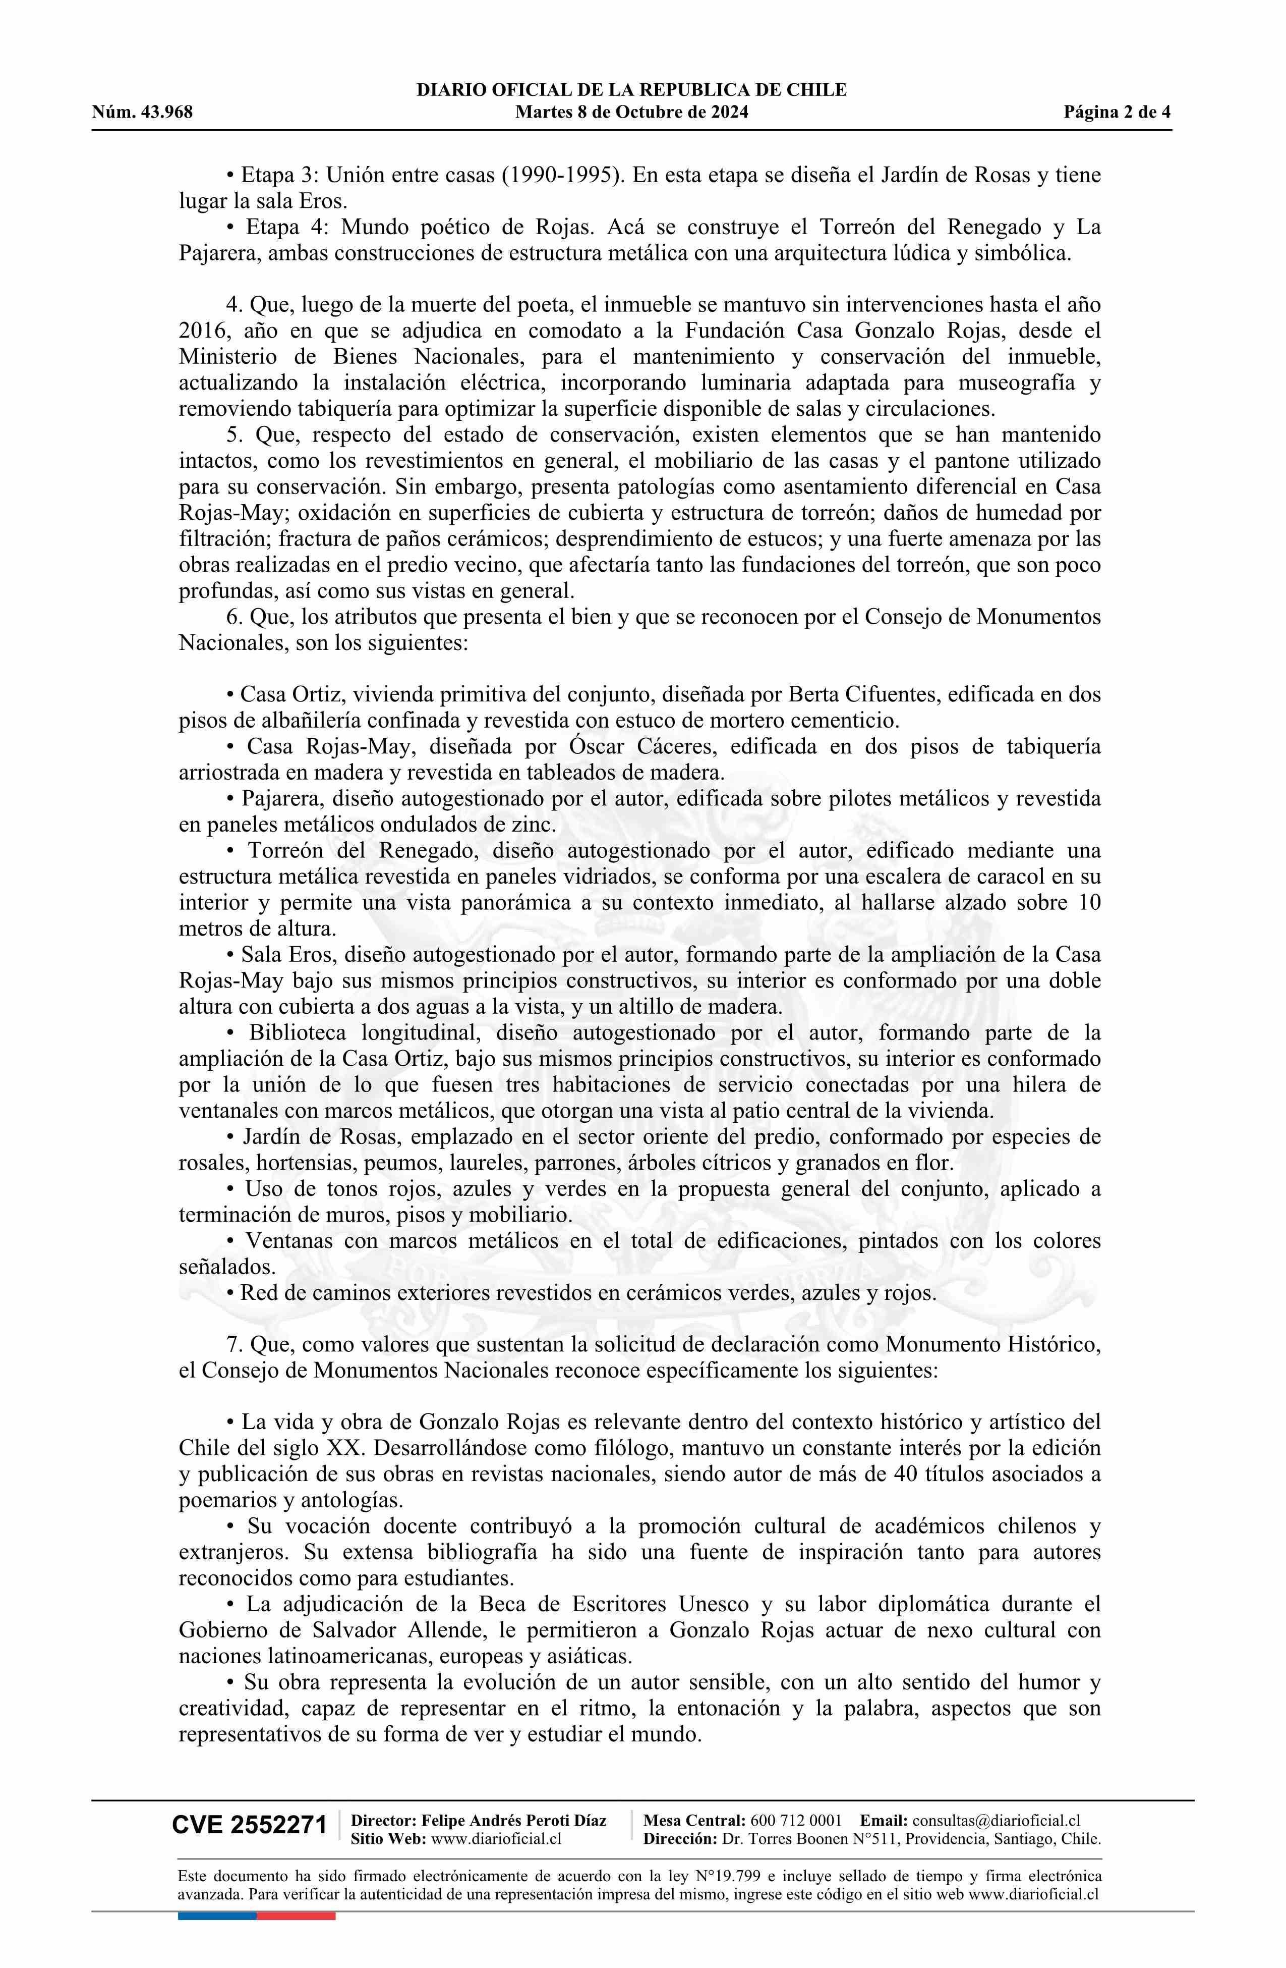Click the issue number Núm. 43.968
coord(142,113)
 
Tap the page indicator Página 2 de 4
coord(1118,113)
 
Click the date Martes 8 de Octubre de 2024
coord(631,113)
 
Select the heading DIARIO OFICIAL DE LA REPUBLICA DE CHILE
coord(631,90)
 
